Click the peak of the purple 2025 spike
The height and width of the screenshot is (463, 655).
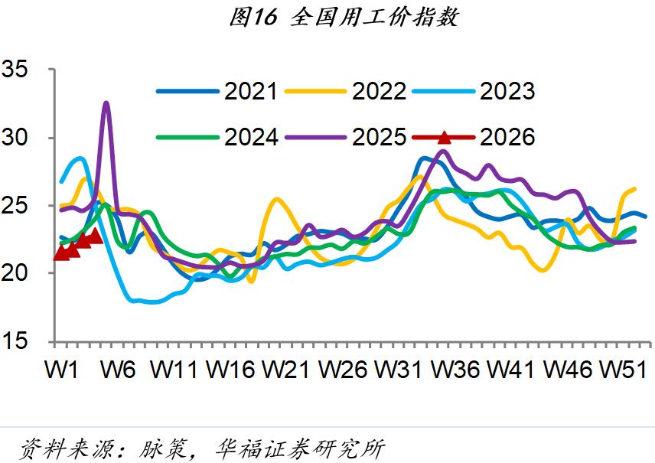point(106,103)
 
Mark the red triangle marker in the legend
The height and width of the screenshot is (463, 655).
point(444,138)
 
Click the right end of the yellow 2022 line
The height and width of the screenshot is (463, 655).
point(635,188)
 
